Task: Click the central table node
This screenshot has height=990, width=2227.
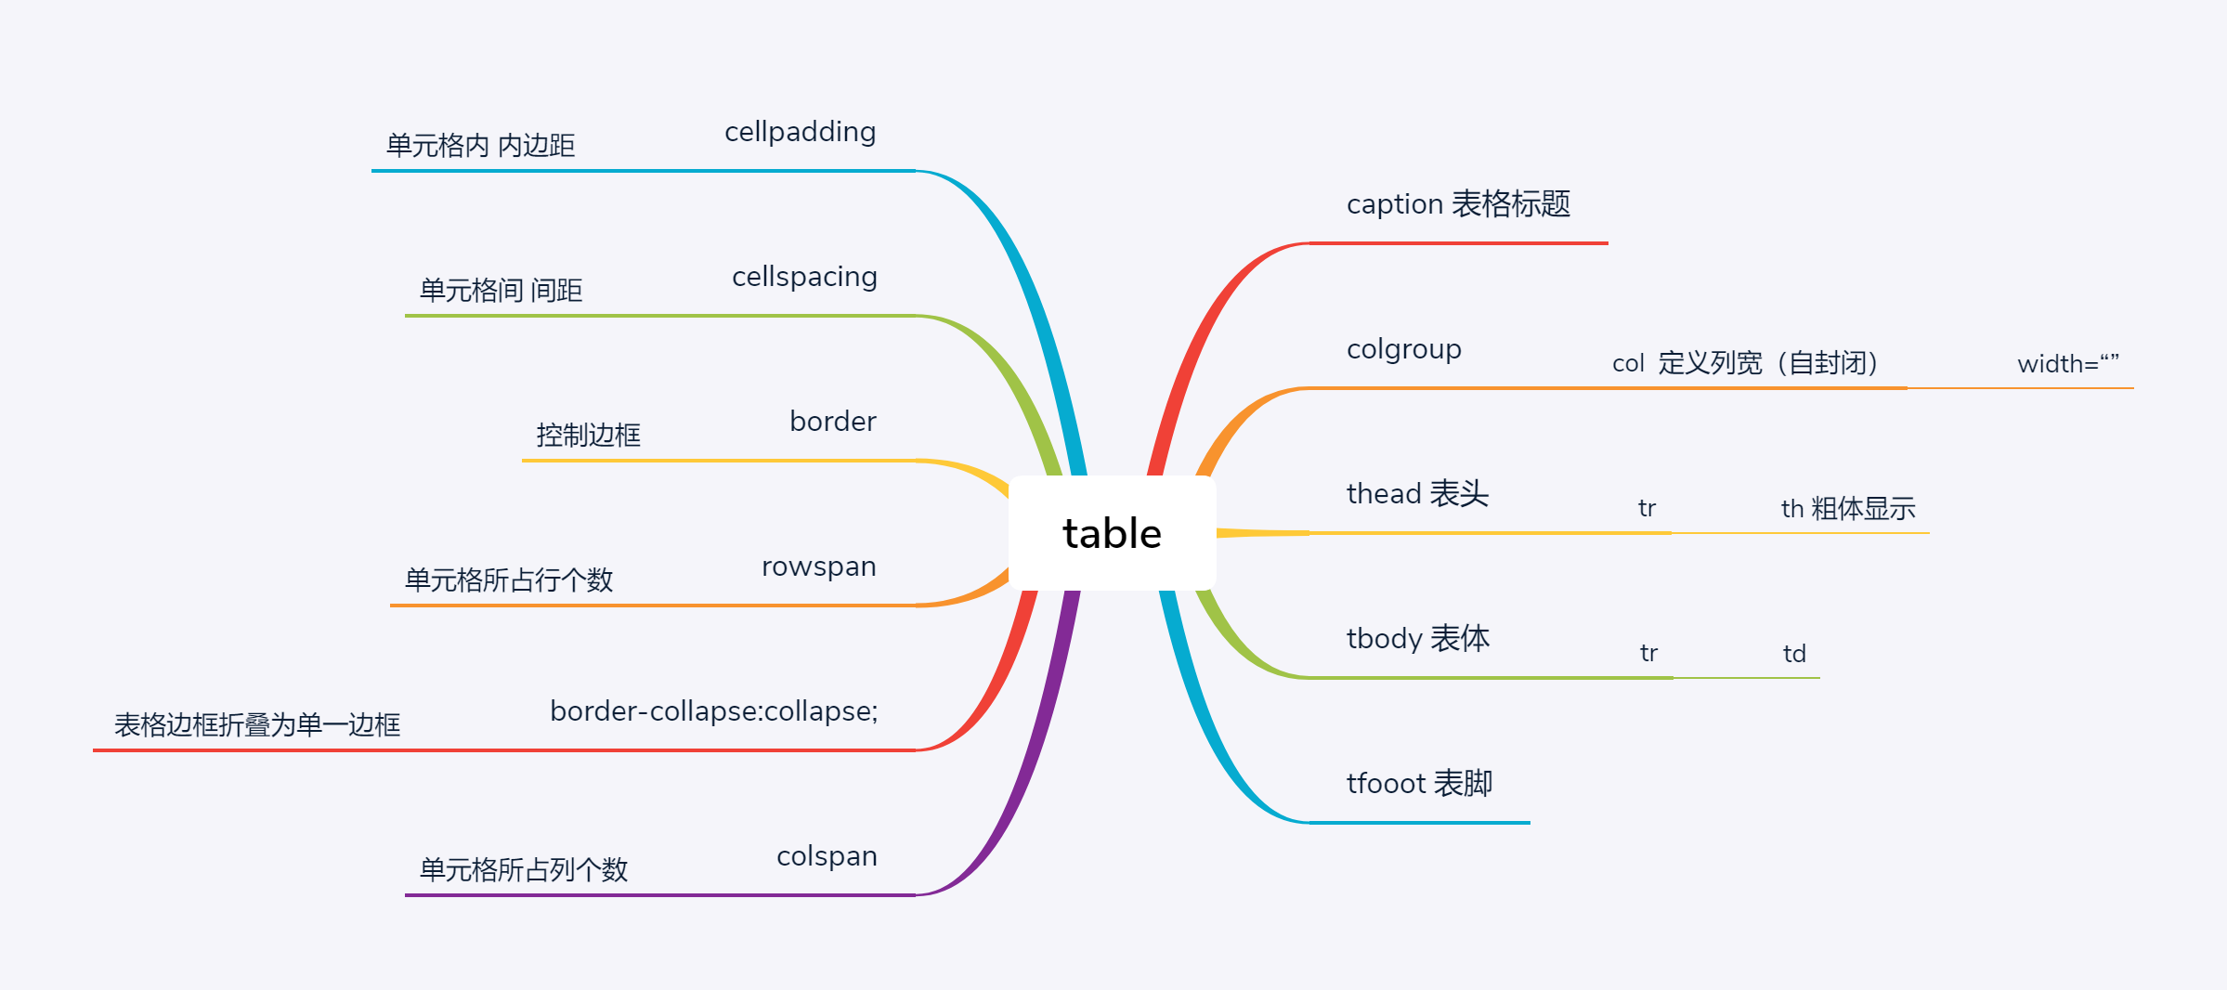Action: coord(1112,533)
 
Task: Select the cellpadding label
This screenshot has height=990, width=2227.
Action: coord(800,132)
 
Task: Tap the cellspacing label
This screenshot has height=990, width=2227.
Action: coord(804,277)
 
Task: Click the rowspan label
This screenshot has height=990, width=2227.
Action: coord(818,567)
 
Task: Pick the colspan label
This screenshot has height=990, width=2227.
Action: coord(827,856)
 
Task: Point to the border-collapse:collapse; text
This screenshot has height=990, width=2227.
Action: coord(713,711)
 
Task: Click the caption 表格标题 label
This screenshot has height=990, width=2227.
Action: coord(1458,203)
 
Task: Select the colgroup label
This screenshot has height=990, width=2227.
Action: coord(1403,349)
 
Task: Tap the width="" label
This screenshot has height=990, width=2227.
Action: coord(2067,363)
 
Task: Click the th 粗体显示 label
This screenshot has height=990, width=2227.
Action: coord(1847,508)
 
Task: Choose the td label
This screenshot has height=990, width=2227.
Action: coord(1794,654)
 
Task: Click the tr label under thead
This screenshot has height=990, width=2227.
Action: coord(1647,508)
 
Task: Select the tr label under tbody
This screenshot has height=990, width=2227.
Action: coord(1648,653)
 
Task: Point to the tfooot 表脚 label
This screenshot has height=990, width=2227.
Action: coord(1419,783)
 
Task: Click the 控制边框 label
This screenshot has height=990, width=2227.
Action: coord(588,435)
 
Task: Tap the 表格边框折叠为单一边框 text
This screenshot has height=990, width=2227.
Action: coord(257,724)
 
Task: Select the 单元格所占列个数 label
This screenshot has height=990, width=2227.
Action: coord(524,869)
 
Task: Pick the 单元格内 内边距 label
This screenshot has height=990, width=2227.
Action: coord(480,145)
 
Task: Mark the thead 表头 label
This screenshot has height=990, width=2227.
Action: coord(1417,493)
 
